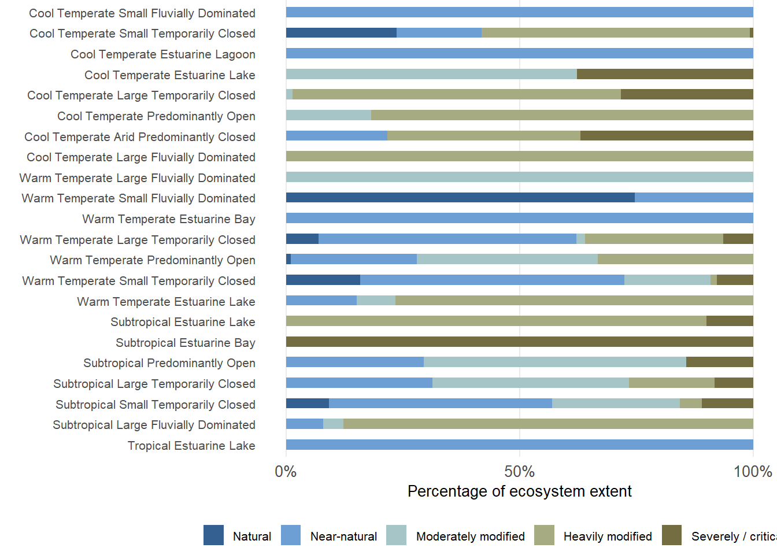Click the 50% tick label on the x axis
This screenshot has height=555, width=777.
[x=519, y=472]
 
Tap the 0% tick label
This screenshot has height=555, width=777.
[x=286, y=472]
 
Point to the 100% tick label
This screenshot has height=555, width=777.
[x=753, y=472]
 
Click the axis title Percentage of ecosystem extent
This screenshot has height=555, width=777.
[x=519, y=491]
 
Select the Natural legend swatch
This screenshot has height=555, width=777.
[x=213, y=535]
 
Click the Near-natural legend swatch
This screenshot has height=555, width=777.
[x=291, y=535]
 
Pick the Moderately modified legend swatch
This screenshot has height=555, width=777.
[x=396, y=535]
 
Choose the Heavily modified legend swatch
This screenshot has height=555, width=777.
[x=544, y=535]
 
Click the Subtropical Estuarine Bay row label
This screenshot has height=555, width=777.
[x=185, y=343]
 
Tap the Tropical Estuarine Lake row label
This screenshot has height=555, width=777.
[x=191, y=446]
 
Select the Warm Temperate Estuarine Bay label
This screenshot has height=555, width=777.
[x=169, y=219]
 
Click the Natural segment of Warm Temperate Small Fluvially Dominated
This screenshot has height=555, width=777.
[x=460, y=198]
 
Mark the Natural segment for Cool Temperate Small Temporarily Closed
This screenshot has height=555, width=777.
[x=341, y=33]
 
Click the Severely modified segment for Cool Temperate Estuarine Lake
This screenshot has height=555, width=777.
[x=665, y=74]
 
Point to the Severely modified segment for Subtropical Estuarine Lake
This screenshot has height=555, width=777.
[x=730, y=321]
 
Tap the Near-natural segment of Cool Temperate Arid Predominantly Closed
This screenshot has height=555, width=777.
[x=336, y=136]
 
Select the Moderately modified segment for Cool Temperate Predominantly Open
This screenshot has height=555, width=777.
[x=328, y=115]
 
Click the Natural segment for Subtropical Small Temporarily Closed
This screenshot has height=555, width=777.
[x=308, y=404]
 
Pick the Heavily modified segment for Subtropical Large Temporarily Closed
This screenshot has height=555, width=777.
[x=672, y=383]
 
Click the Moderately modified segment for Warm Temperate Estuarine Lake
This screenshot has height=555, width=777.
[x=376, y=301]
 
